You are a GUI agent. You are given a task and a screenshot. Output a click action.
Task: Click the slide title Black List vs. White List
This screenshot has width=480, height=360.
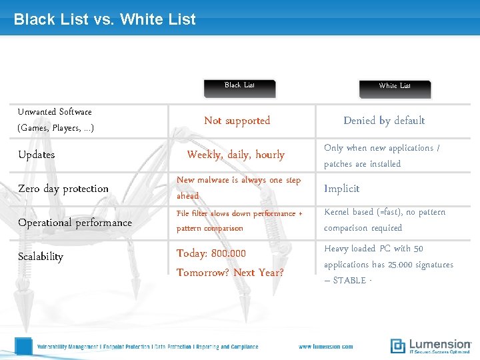[x=105, y=19]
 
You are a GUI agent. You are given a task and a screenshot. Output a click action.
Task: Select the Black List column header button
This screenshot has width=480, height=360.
[x=239, y=86]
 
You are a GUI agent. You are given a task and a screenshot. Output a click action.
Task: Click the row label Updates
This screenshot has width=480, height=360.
[x=37, y=155]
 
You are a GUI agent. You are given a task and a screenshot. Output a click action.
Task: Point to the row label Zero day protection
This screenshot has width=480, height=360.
[x=63, y=189]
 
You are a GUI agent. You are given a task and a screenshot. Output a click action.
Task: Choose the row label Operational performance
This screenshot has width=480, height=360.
[x=75, y=223]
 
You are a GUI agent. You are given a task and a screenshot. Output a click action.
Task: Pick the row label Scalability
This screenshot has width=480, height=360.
[x=41, y=257]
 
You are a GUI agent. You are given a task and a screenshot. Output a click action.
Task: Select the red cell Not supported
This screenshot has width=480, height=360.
[x=237, y=121]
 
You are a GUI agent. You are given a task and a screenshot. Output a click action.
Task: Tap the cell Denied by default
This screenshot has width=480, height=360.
[x=384, y=121]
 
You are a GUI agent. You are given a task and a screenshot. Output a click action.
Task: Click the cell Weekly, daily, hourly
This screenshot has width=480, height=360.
[x=236, y=155]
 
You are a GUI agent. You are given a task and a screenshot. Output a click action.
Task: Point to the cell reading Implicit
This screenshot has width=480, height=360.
[x=342, y=189]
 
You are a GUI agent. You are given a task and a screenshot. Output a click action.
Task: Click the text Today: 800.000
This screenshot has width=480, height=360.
[x=211, y=253]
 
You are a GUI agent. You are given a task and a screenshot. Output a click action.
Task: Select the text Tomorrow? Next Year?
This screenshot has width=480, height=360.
[x=230, y=273]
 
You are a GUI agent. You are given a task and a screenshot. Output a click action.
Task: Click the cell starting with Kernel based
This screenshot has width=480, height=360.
[x=385, y=220]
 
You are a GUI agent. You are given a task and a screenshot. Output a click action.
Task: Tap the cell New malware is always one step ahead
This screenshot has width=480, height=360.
[x=239, y=188]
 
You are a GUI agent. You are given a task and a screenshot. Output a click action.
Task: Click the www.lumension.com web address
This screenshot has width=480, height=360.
[x=326, y=347]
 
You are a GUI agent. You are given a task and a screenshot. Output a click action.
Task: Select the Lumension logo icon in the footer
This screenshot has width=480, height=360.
[x=398, y=345]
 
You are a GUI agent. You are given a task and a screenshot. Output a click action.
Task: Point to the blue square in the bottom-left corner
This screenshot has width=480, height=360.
[x=23, y=346]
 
